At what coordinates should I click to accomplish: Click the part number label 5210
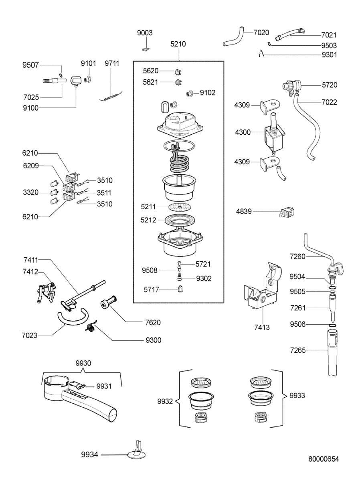click(178, 44)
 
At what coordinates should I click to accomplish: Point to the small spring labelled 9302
click(180, 277)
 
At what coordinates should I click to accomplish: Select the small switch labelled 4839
click(287, 212)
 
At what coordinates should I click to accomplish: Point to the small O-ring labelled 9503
click(269, 44)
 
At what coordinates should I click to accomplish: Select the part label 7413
click(262, 327)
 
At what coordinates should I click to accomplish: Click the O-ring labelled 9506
click(333, 325)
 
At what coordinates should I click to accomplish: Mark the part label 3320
click(31, 192)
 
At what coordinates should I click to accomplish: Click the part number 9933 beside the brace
click(297, 395)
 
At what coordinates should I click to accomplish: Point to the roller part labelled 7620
click(109, 301)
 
